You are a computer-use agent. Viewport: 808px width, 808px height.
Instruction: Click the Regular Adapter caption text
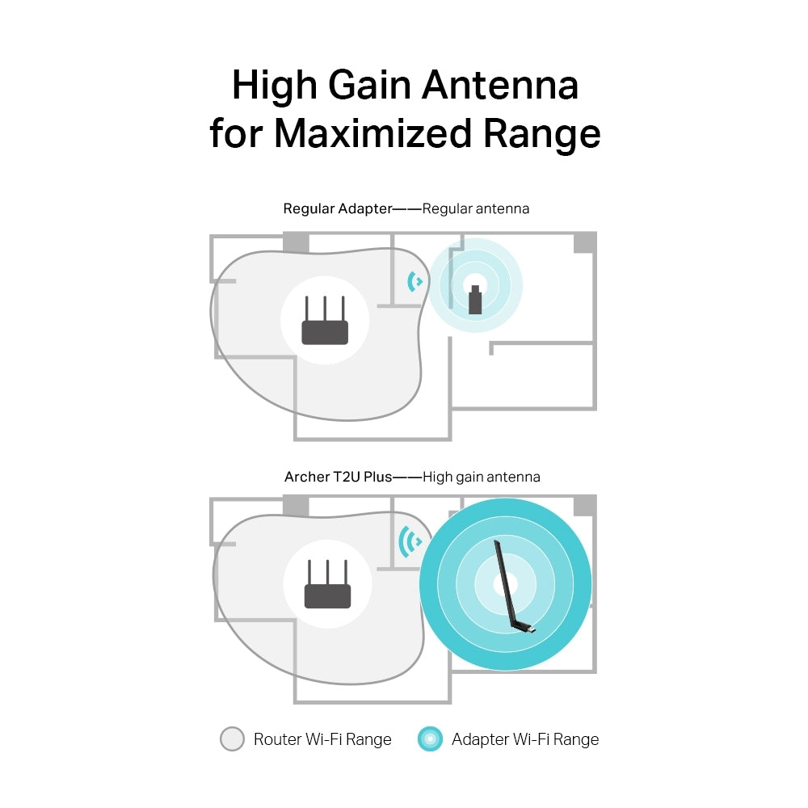coord(337,208)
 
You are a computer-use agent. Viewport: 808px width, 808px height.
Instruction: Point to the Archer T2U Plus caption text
coord(338,477)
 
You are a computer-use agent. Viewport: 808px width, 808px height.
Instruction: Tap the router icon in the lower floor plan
coord(327,585)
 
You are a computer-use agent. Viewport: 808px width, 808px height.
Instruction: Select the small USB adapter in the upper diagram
coord(475,300)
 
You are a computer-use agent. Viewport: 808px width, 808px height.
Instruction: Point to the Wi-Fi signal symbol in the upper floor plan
coord(415,281)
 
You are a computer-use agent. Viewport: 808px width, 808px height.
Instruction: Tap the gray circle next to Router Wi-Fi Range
coord(232,739)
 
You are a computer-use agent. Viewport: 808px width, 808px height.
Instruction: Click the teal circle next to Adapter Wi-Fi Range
coord(430,739)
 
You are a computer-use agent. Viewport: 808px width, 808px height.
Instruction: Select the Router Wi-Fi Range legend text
coord(322,739)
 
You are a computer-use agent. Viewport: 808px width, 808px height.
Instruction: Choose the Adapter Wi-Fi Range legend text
coord(525,739)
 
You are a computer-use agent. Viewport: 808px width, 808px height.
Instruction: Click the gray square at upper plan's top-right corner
coord(584,242)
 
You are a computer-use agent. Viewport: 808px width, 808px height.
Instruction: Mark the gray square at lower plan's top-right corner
coord(584,506)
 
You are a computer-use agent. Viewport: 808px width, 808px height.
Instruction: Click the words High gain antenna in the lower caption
coord(482,477)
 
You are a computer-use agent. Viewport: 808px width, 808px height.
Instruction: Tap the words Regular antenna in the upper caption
coord(476,208)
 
